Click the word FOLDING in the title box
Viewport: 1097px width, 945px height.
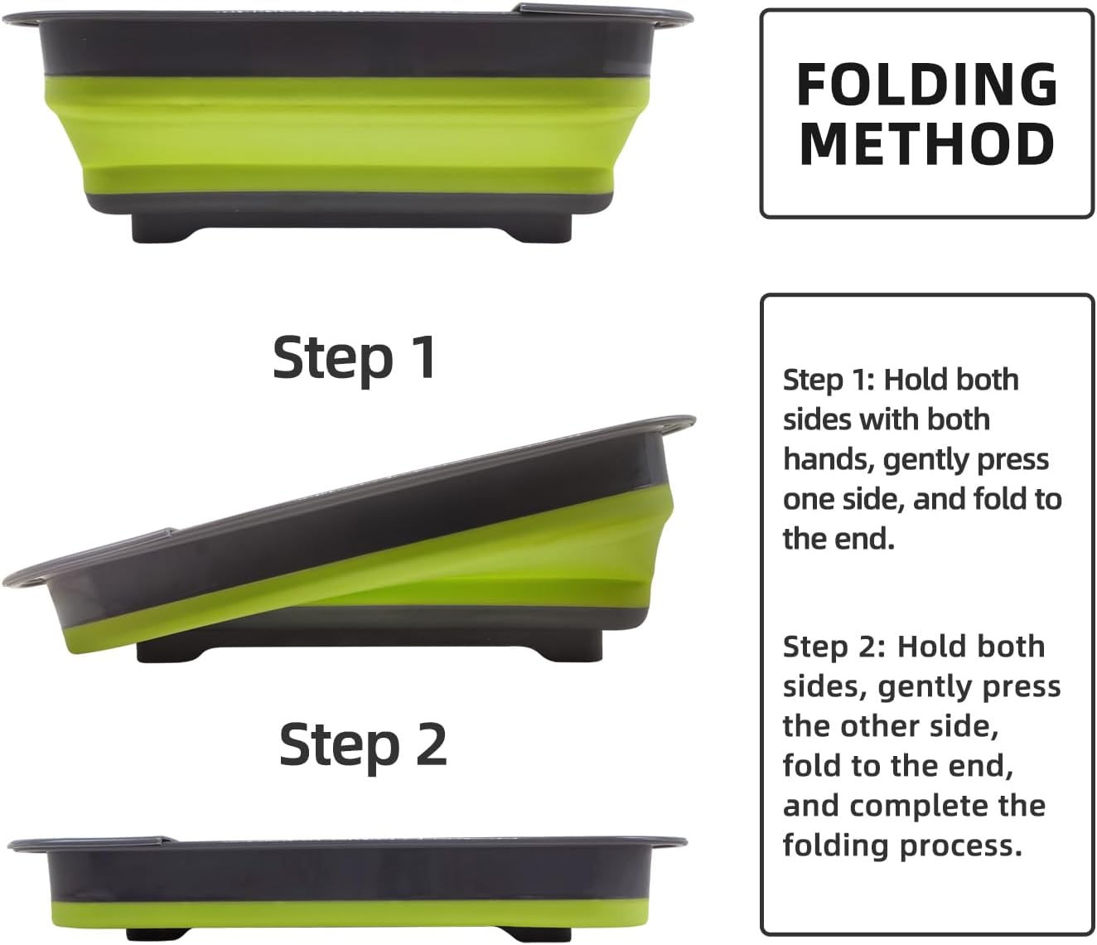tap(927, 85)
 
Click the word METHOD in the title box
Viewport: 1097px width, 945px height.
tap(927, 144)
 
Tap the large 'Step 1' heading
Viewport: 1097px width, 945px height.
tap(355, 357)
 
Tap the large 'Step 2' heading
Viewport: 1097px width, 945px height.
tap(363, 745)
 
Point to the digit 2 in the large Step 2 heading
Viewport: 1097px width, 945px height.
tap(430, 744)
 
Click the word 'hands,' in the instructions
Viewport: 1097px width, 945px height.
tap(829, 460)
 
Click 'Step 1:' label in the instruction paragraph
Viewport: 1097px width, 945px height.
tap(829, 380)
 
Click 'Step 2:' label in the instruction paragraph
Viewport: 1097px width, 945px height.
tap(834, 647)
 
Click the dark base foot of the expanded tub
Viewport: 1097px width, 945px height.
tap(352, 227)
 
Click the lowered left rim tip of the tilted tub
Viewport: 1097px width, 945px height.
tap(4, 583)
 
